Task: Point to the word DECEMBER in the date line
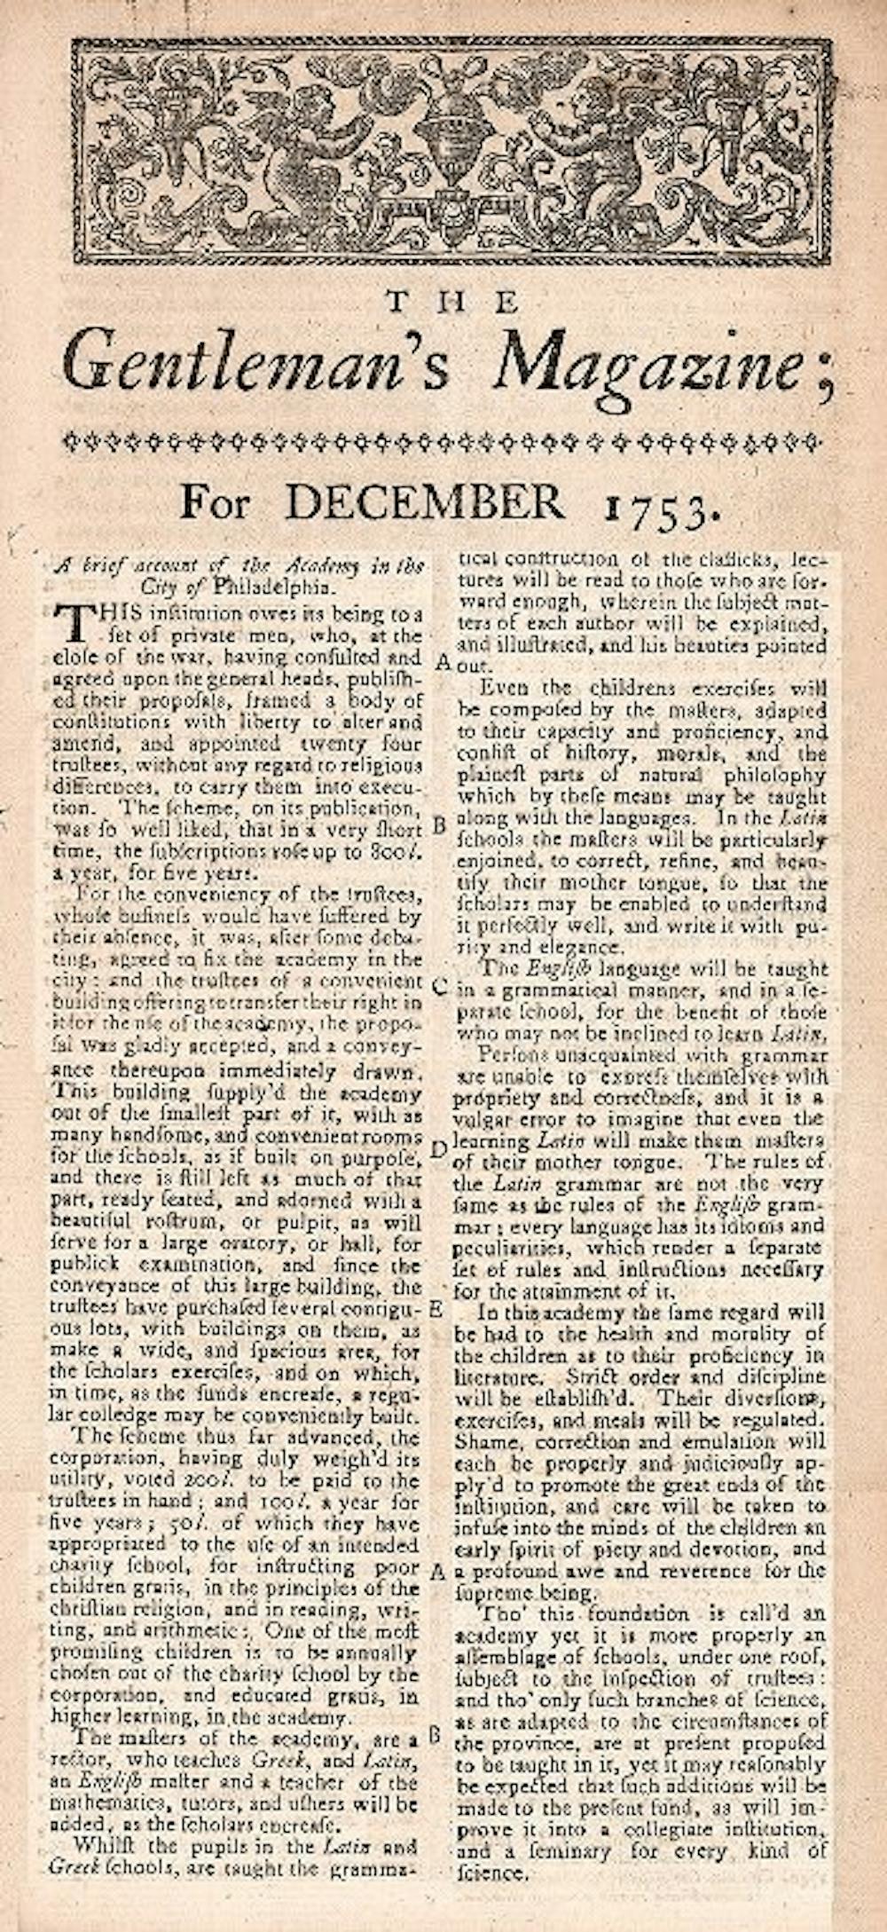(x=424, y=503)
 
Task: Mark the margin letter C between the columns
(x=441, y=985)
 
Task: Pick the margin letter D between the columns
(x=437, y=1149)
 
